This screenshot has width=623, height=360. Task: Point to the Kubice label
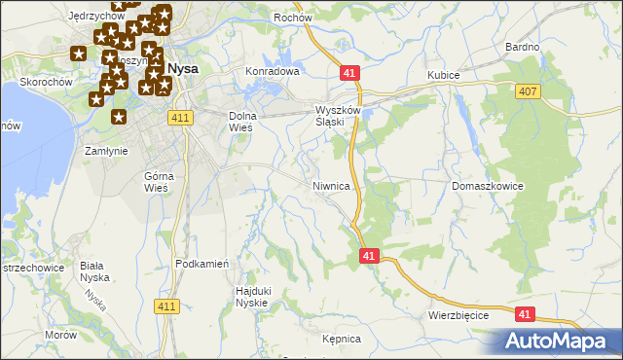(x=443, y=75)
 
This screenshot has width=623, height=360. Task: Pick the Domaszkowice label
(x=489, y=185)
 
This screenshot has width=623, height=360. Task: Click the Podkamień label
(x=202, y=264)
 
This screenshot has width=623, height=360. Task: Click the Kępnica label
(x=341, y=339)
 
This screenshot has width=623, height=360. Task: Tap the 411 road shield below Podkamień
(x=166, y=306)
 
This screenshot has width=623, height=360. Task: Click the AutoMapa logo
(x=560, y=341)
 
